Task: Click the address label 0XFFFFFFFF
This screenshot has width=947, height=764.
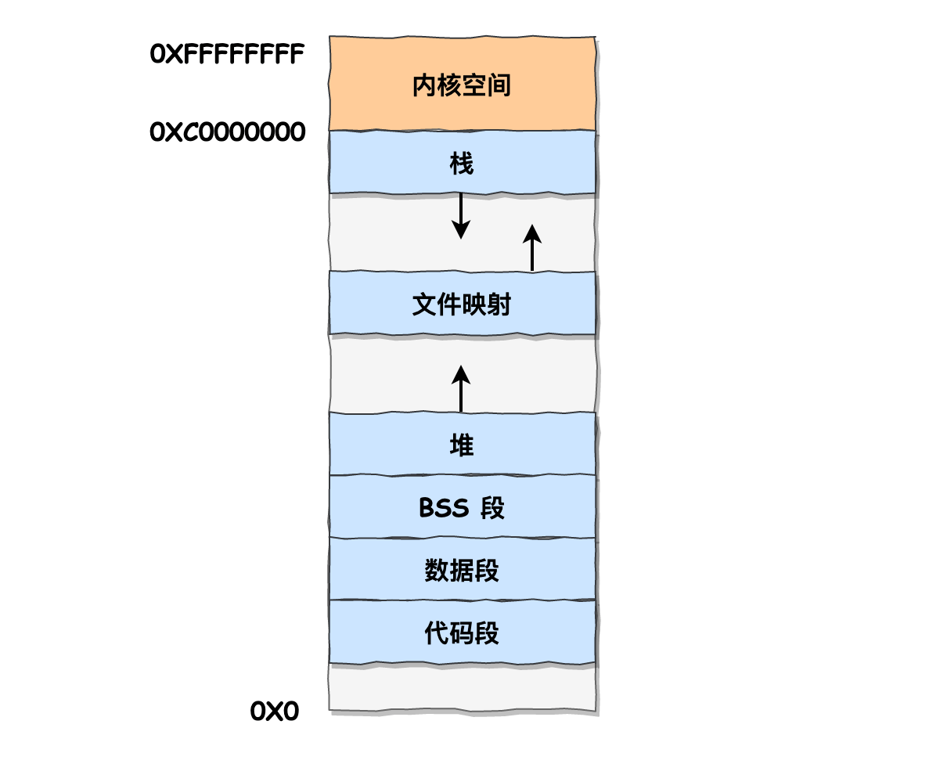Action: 227,55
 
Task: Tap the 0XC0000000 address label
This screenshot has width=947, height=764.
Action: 227,132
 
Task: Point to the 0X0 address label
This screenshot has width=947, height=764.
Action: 274,712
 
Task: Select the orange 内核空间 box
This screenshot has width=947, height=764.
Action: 462,84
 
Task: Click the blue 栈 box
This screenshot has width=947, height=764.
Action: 462,162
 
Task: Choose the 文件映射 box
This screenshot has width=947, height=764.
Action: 462,303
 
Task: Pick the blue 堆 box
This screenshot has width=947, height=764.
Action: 462,444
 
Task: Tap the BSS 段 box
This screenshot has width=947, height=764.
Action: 462,506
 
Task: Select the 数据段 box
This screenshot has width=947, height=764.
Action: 462,569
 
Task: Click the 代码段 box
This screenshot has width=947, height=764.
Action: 462,632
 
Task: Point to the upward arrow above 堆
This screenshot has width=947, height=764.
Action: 461,388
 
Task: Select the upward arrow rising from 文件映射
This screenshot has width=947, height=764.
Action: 532,247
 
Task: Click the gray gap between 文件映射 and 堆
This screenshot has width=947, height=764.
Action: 532,373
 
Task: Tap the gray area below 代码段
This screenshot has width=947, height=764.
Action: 462,687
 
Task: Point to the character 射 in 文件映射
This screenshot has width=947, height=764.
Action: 499,305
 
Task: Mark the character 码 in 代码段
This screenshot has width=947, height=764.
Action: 462,633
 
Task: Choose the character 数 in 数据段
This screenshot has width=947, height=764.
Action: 436,571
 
